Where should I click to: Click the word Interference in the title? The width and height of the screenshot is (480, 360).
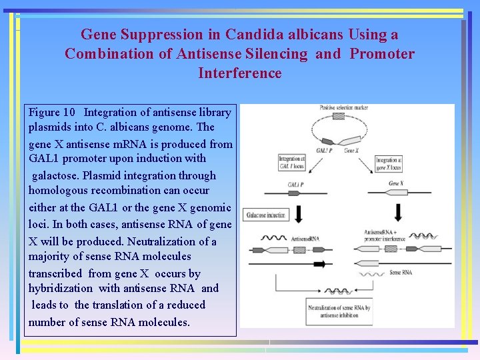[x=240, y=73]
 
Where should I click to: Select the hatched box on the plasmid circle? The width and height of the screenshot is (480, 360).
[x=339, y=116]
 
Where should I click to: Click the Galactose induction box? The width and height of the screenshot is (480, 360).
[x=267, y=216]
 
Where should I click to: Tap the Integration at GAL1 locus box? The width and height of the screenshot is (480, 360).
[x=291, y=163]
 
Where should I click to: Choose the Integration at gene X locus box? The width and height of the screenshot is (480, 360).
[x=388, y=163]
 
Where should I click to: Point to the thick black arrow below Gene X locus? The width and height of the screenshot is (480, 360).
[x=398, y=212]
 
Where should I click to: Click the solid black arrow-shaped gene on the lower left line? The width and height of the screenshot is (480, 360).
[x=319, y=264]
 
